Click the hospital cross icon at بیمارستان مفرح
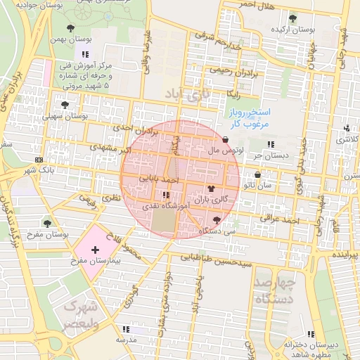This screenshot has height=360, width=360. coord(95,250)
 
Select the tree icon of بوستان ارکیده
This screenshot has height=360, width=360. coord(292,19)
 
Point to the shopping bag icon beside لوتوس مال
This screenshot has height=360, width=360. coord(225,140)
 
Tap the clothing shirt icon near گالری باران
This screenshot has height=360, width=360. coord(212,189)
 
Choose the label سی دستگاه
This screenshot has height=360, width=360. coord(217,230)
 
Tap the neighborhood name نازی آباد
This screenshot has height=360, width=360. coord(187,94)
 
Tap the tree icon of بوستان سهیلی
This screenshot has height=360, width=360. coord(65,105)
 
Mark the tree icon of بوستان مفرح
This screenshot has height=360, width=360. coord(47,224)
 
